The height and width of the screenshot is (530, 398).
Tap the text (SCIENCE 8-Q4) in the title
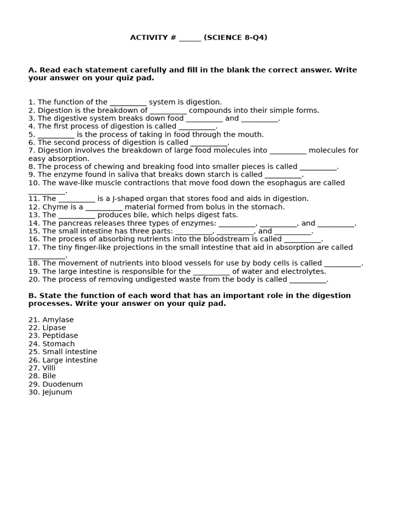[236, 38]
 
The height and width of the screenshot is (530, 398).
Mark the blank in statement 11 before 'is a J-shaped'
[77, 199]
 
